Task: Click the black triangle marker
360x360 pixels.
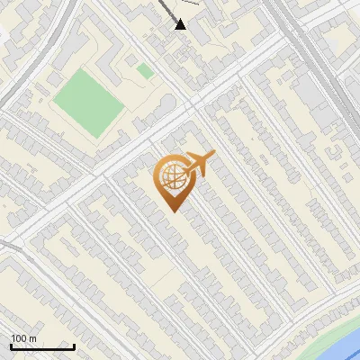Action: pyautogui.click(x=181, y=23)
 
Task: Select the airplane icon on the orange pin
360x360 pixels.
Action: pyautogui.click(x=200, y=164)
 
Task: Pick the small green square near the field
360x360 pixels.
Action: pyautogui.click(x=145, y=70)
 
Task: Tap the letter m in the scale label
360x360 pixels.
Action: pyautogui.click(x=33, y=339)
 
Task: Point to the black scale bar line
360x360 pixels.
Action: pyautogui.click(x=42, y=346)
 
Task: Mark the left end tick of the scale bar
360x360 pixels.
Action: pyautogui.click(x=11, y=345)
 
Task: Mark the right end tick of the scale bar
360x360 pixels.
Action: pyautogui.click(x=74, y=345)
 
